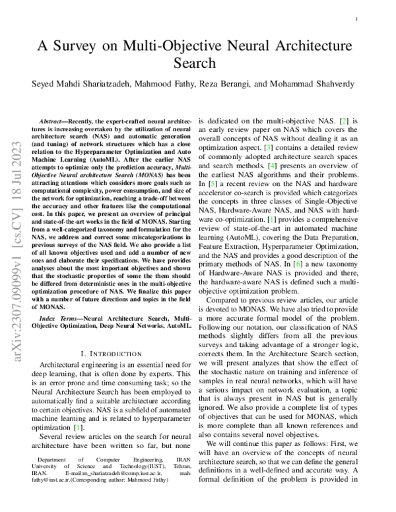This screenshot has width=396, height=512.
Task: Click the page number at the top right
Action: click(356, 20)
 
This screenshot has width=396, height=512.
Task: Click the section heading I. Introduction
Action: click(116, 354)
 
